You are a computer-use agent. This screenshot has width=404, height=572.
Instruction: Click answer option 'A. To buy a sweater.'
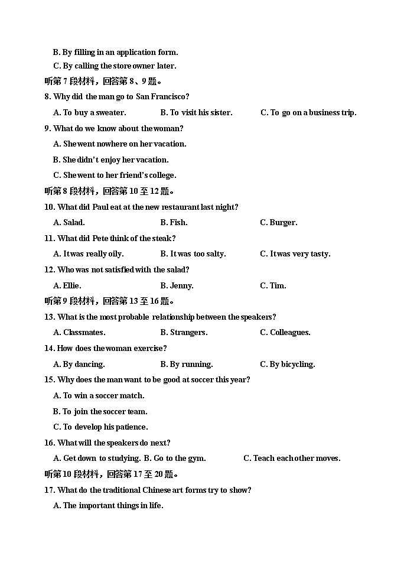pos(89,112)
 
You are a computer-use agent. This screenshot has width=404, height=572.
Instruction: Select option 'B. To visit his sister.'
pos(196,112)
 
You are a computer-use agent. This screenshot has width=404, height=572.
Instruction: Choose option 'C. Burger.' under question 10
pos(278,222)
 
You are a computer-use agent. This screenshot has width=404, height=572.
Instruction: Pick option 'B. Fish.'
pos(174,222)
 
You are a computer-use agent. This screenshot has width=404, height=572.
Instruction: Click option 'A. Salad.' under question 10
pos(69,222)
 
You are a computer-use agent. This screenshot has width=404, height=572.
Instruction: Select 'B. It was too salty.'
pos(193,253)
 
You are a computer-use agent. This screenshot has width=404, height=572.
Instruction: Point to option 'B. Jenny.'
pos(177,285)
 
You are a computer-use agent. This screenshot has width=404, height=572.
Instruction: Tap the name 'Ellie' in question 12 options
pos(71,285)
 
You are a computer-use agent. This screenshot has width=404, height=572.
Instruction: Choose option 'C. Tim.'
pos(273,285)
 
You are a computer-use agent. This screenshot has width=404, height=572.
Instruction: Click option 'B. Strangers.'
pos(184,332)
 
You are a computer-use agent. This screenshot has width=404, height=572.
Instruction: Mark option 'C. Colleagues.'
pos(285,332)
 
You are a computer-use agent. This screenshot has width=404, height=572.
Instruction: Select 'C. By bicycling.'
pos(287,364)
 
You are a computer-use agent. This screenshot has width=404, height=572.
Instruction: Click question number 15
pos(50,379)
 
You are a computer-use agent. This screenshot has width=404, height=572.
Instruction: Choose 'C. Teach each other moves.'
pos(292,458)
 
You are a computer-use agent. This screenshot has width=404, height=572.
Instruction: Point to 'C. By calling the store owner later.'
pos(115,66)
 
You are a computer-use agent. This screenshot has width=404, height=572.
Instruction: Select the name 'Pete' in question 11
pos(101,238)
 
